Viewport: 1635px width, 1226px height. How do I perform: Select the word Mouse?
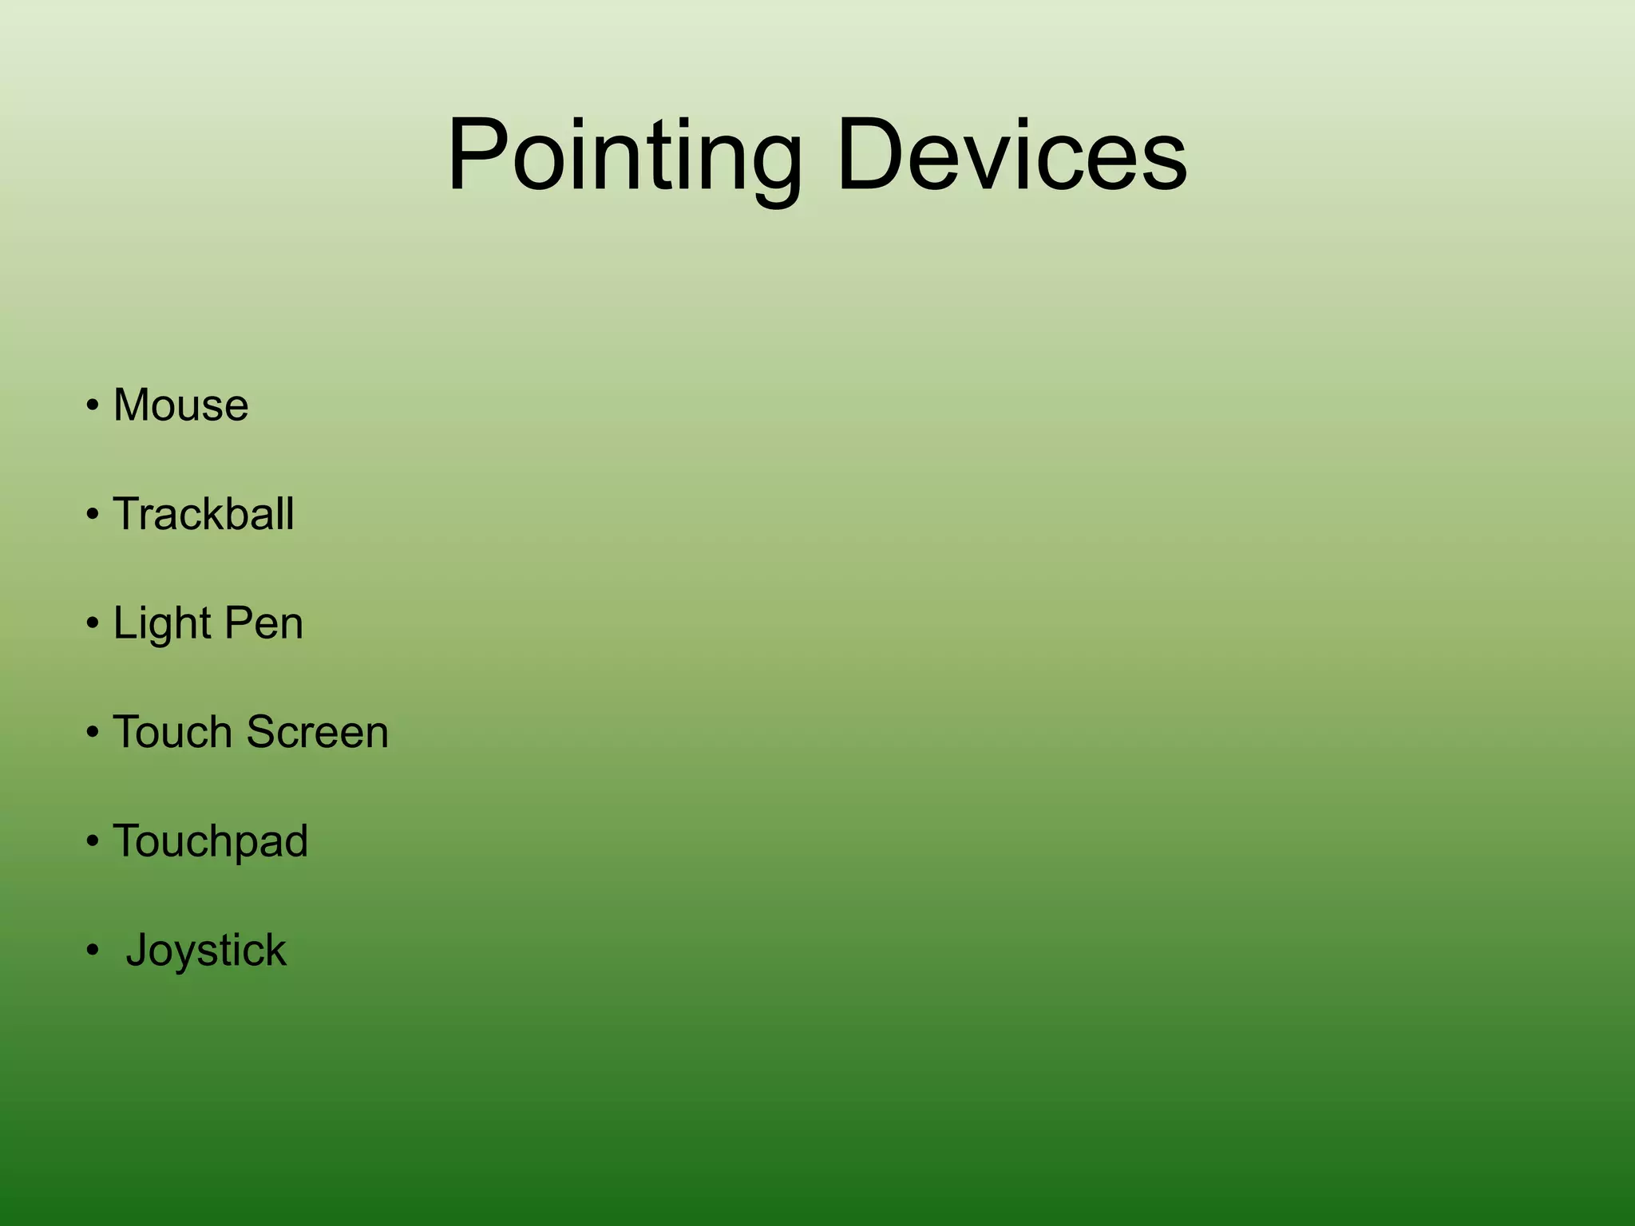[x=180, y=405]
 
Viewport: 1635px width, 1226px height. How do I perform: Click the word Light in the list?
[x=162, y=623]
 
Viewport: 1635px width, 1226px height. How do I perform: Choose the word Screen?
[x=318, y=732]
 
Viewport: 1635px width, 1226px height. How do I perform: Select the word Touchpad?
[x=210, y=841]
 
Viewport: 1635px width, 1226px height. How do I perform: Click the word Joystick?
[x=206, y=951]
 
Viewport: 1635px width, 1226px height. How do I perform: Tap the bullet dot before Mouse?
[x=93, y=406]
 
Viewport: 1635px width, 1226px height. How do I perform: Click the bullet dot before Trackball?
[x=93, y=516]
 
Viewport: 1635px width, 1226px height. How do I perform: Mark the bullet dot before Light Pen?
[x=93, y=624]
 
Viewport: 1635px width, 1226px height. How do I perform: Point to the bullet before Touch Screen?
[x=93, y=734]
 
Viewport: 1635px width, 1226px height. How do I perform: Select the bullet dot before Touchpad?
[x=93, y=842]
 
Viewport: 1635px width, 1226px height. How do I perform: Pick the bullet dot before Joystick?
[x=93, y=951]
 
